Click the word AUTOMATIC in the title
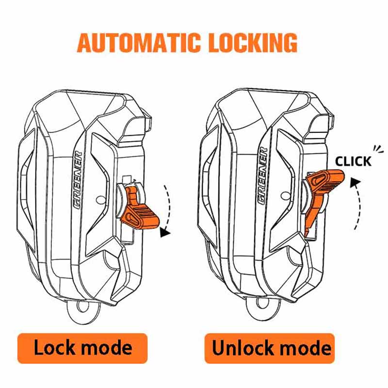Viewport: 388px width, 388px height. pyautogui.click(x=139, y=43)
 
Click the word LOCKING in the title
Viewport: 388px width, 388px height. pyautogui.click(x=253, y=43)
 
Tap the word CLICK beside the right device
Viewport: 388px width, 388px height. pyautogui.click(x=354, y=162)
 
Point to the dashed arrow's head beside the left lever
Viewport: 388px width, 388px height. pyautogui.click(x=164, y=232)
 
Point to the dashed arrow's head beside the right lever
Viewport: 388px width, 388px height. pyautogui.click(x=356, y=183)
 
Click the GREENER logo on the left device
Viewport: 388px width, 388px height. pyautogui.click(x=79, y=180)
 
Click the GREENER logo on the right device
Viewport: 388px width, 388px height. pyautogui.click(x=262, y=176)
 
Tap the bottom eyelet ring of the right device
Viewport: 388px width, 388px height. pyautogui.click(x=262, y=307)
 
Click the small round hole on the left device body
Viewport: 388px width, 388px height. pyautogui.click(x=101, y=200)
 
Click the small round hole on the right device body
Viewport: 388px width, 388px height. pyautogui.click(x=285, y=196)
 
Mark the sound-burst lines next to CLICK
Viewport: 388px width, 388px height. pyautogui.click(x=378, y=149)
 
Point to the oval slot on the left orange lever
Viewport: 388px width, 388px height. pyautogui.click(x=130, y=218)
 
